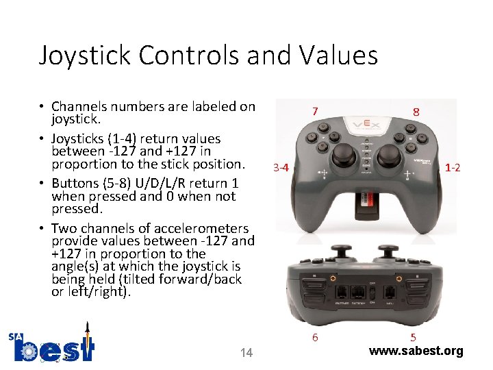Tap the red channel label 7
(314, 110)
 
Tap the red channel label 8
(416, 111)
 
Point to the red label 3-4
(281, 167)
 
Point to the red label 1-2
(453, 166)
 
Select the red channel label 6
(315, 337)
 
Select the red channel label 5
(412, 337)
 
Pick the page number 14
(246, 352)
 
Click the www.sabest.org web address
(416, 351)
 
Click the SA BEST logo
(51, 346)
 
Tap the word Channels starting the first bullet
(77, 106)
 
